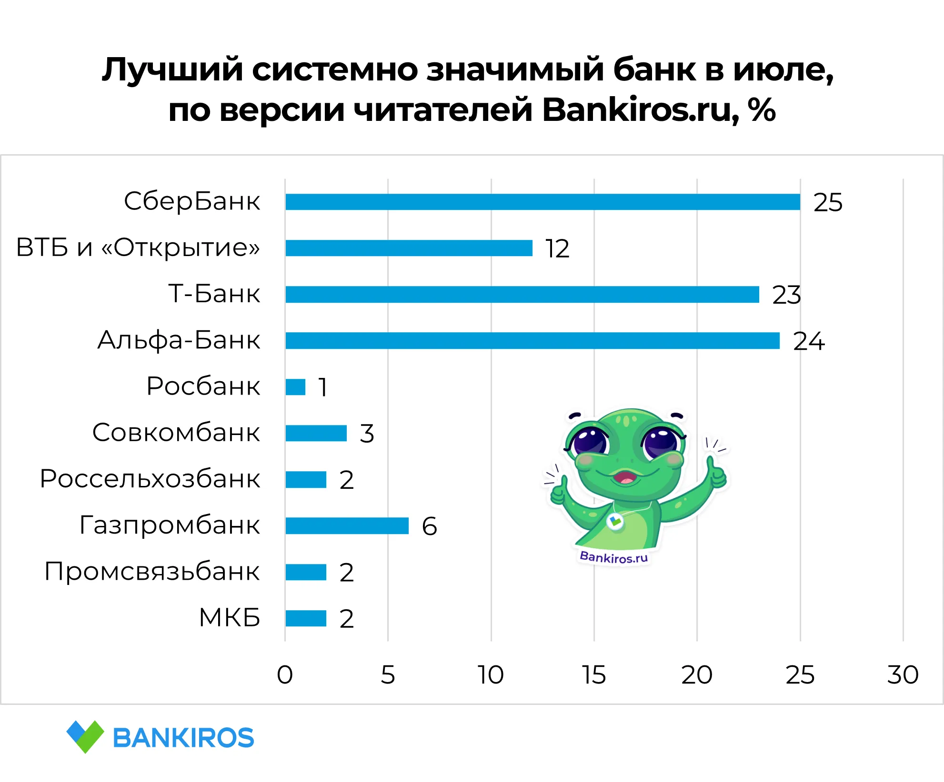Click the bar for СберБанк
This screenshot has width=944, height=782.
[x=542, y=202]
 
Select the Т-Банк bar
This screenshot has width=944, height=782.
[x=522, y=294]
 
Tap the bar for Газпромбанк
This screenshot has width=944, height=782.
[x=347, y=525]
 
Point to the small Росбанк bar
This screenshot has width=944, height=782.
[x=295, y=387]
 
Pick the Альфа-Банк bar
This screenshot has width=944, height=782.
[x=532, y=341]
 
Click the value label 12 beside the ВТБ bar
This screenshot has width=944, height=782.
[x=557, y=248]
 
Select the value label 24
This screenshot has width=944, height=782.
[x=808, y=341]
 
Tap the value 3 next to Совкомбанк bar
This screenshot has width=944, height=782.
[x=367, y=434]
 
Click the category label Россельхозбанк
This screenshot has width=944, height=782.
[x=150, y=479]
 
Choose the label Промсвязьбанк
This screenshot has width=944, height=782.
[x=152, y=571]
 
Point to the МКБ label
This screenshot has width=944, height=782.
[x=230, y=618]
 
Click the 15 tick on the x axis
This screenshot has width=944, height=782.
[x=593, y=675]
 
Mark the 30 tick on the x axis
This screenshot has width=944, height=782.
[x=903, y=675]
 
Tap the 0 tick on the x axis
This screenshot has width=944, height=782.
[x=285, y=675]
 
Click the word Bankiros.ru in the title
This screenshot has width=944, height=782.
[x=641, y=110]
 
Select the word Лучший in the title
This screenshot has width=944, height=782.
[x=172, y=70]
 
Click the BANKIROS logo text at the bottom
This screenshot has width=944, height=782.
[x=183, y=738]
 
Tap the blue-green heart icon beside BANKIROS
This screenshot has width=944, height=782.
[x=85, y=736]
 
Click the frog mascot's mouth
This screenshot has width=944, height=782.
[x=625, y=476]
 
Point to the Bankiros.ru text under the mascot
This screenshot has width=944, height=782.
[x=613, y=557]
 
